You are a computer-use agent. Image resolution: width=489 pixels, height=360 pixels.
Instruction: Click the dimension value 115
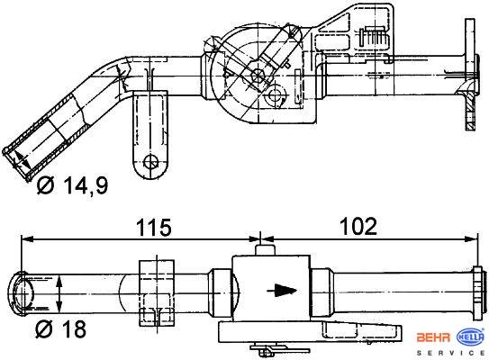154,227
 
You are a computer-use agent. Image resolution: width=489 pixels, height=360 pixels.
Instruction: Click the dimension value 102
358,226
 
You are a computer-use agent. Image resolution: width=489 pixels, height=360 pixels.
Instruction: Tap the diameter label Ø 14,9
72,185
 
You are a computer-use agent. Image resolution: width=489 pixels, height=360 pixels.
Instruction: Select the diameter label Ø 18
60,328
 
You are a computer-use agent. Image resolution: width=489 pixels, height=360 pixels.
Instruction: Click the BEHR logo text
433,337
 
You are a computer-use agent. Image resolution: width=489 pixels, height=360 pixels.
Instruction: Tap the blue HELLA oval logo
471,337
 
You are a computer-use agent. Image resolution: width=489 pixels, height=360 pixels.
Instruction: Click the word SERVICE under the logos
451,353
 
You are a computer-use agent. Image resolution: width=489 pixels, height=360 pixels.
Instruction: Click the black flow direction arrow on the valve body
282,291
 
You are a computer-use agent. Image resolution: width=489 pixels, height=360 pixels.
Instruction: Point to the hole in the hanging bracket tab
150,162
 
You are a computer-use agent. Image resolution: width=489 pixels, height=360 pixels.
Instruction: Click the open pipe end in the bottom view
19,292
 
